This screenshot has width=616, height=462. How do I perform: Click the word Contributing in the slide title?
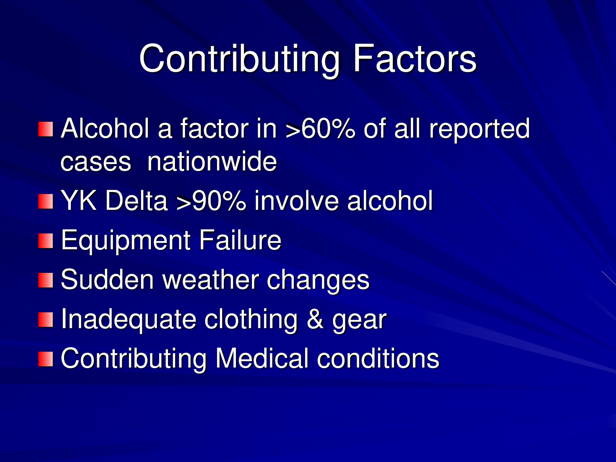tap(239, 60)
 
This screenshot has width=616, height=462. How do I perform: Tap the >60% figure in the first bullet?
tap(320, 129)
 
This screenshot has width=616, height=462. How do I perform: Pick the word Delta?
tap(136, 200)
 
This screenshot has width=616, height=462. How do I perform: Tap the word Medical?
tap(262, 358)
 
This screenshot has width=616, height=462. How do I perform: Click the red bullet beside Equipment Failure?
tap(46, 241)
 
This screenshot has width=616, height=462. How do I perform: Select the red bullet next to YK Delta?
tap(46, 201)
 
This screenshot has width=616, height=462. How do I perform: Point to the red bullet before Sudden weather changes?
tap(46, 280)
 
